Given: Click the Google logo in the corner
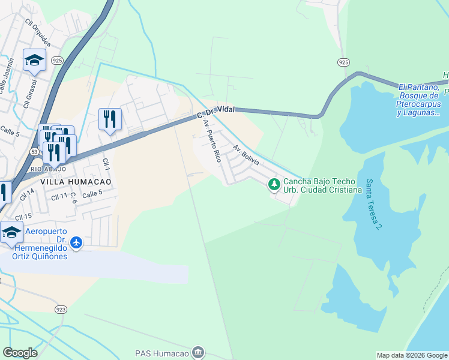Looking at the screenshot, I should (20, 353).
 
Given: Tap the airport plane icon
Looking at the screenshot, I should (76, 242).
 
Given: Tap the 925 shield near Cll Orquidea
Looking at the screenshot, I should (57, 61).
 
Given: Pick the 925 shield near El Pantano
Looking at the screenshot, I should (343, 62).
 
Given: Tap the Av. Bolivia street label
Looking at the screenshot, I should (246, 155).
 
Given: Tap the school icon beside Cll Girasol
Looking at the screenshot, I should (35, 61).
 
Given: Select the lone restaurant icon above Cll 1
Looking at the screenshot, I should (110, 119).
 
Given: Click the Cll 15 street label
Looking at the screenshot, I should (24, 217).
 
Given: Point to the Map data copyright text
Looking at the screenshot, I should (411, 355).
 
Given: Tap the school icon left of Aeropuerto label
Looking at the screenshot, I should (11, 233).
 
